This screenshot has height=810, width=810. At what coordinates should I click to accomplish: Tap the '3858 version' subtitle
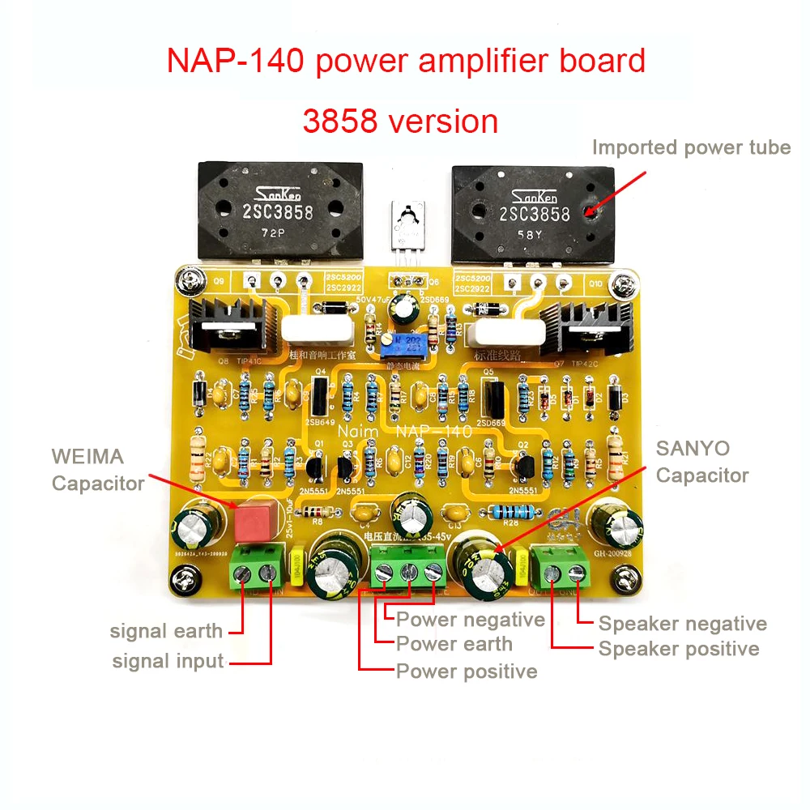pos(400,121)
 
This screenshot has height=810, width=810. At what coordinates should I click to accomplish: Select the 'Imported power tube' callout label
pos(691,147)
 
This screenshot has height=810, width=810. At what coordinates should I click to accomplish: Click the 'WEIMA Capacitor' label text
pos(97,469)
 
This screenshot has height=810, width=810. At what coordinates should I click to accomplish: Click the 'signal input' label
pos(168,661)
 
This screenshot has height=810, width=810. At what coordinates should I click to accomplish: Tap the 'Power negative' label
pos(470,620)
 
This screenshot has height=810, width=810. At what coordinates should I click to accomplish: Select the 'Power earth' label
pos(454,645)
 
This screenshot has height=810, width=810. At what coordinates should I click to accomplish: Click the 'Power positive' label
pos(466,671)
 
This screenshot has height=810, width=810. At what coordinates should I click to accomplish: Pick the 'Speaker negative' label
pos(682,624)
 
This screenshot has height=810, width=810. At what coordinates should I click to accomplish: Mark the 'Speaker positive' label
pos(679,649)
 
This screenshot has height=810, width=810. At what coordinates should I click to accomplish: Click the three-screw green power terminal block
pos(409,567)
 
